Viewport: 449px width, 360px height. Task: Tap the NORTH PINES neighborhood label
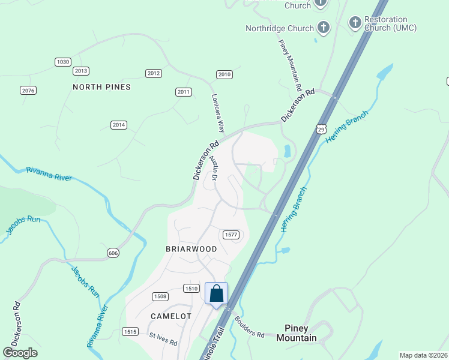pos(101,87)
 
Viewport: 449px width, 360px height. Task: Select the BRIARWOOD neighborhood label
pos(191,248)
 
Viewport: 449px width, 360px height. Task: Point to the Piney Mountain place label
pos(296,334)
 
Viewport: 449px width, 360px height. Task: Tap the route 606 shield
pos(113,253)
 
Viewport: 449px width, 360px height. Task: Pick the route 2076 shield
pos(28,91)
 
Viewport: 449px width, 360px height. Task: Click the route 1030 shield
pos(63,62)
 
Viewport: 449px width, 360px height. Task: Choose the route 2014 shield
pos(119,125)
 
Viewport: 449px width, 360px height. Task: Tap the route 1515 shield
pos(130,331)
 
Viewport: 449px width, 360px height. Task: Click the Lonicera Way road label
pos(217,113)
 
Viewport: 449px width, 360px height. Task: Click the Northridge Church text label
pos(280,28)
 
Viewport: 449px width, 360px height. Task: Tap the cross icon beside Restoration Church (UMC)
pos(355,23)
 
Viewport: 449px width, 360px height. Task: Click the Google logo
pos(20,352)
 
